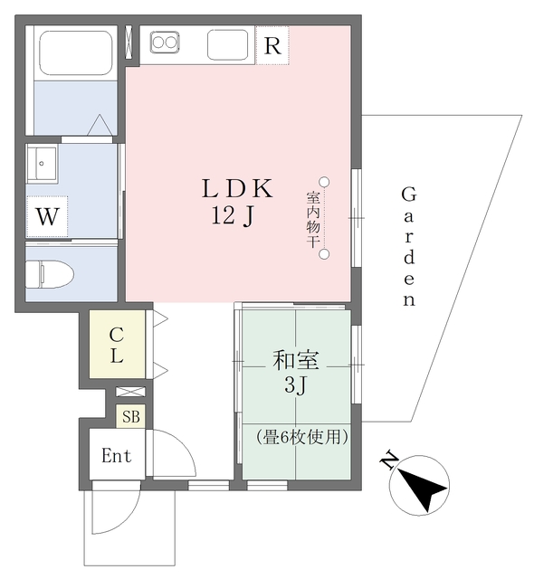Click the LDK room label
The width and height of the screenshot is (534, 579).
coord(236,189)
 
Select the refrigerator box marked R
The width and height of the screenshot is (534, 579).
coord(272,45)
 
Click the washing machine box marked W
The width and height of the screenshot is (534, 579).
coord(47,217)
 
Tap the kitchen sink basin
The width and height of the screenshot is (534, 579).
coord(225,43)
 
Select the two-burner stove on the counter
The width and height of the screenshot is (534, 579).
coord(167,42)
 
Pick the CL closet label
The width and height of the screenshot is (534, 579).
coord(117,345)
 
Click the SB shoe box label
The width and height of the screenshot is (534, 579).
coord(131,417)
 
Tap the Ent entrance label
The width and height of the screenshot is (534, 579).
coord(117,456)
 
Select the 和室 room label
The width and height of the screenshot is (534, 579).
coord(295,361)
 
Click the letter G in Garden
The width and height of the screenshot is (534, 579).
coord(408,195)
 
